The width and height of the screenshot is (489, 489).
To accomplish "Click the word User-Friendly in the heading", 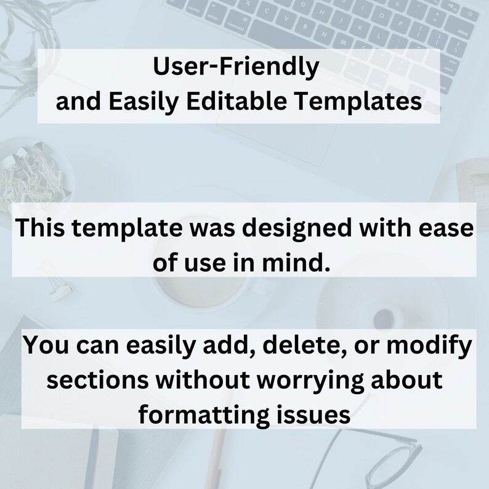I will pyautogui.click(x=236, y=67).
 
